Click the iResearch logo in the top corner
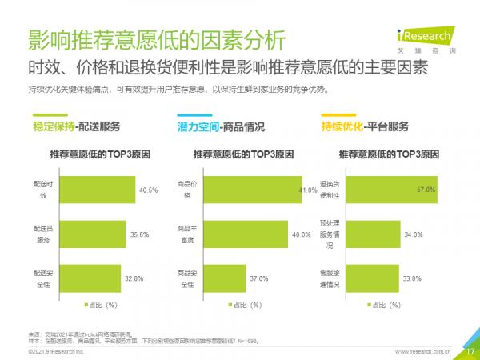click(425, 37)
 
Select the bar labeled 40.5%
click(96, 190)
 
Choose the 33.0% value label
click(413, 278)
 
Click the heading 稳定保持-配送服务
click(77, 126)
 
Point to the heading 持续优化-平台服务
click(365, 126)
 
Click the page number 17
click(470, 350)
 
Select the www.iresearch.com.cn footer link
click(423, 350)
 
